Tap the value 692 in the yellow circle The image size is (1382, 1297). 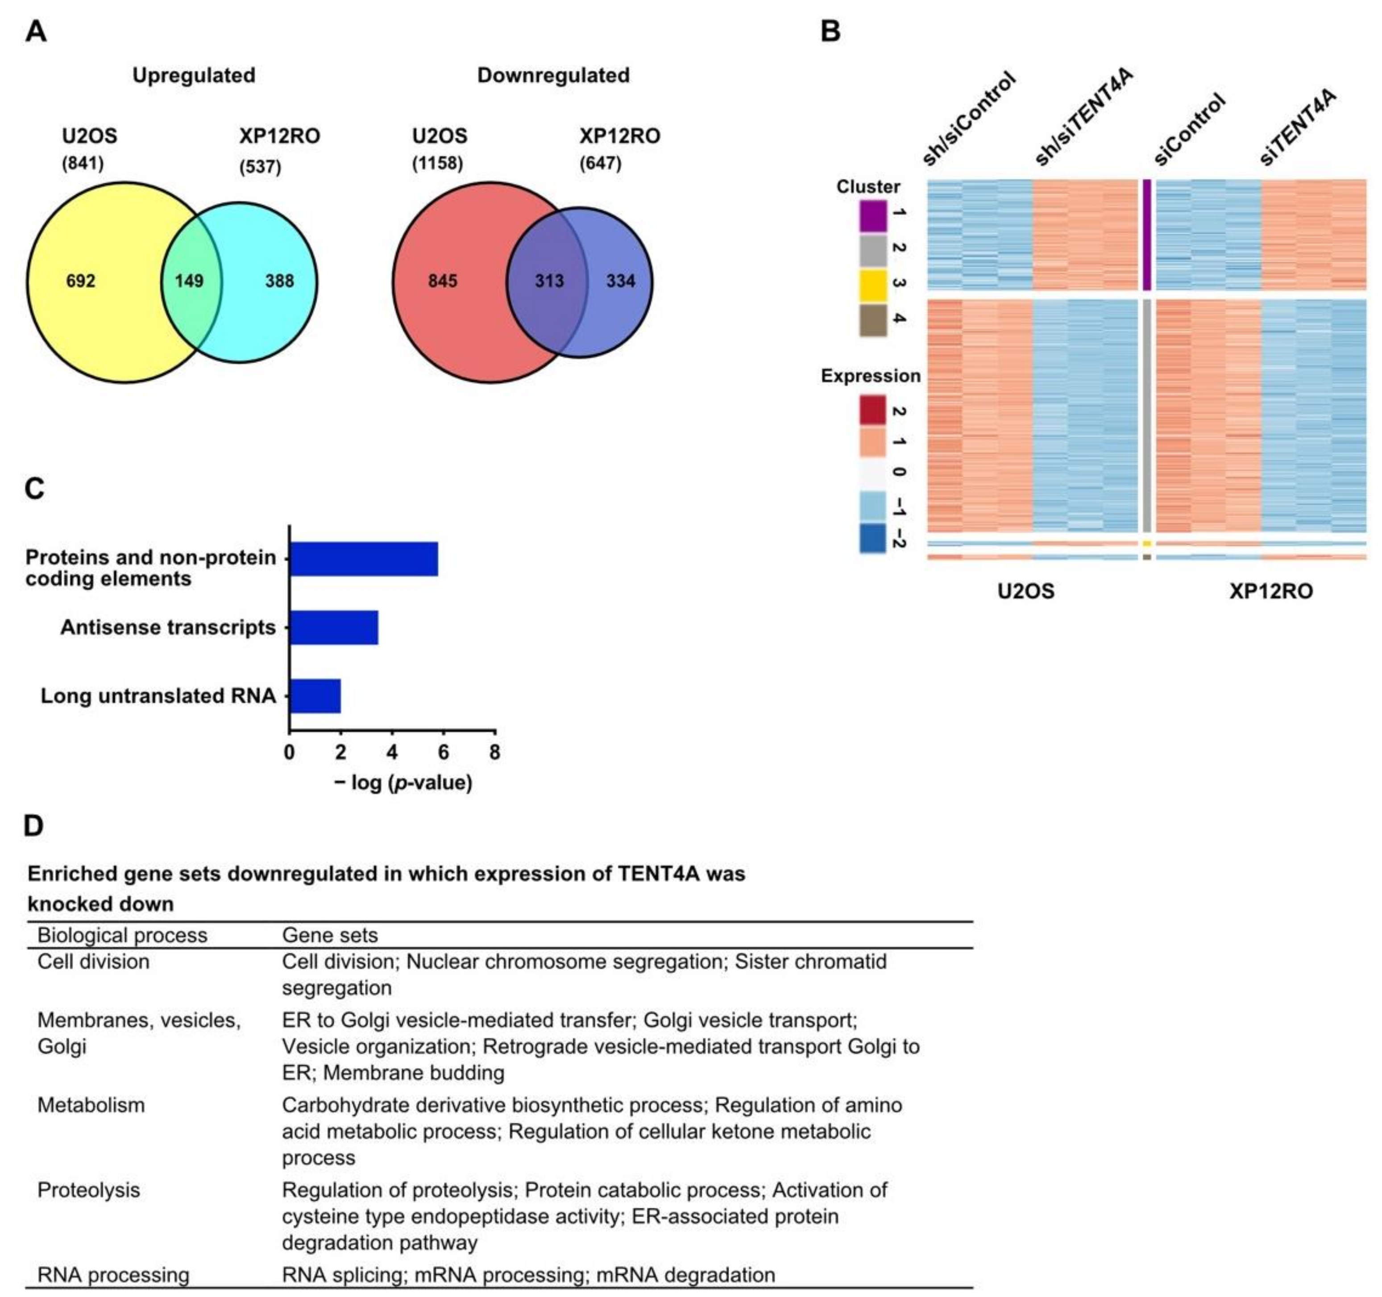(x=81, y=281)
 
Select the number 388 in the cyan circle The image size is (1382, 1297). (x=279, y=281)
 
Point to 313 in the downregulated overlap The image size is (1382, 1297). (x=549, y=281)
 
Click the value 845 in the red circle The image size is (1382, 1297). (x=443, y=281)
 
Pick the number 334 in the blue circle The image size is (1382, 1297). (x=621, y=281)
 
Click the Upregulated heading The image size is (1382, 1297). (x=194, y=75)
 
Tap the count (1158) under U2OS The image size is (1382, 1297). (x=437, y=163)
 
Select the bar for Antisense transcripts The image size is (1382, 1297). (x=334, y=627)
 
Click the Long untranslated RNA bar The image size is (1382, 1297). (x=315, y=696)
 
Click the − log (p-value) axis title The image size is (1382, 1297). (x=403, y=783)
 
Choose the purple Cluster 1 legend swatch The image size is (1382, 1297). (x=873, y=216)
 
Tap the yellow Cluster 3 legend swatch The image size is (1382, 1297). (x=873, y=285)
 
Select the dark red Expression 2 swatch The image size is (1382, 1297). (x=873, y=410)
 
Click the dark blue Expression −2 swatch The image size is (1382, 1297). (x=873, y=538)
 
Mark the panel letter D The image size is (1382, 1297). (x=33, y=826)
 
